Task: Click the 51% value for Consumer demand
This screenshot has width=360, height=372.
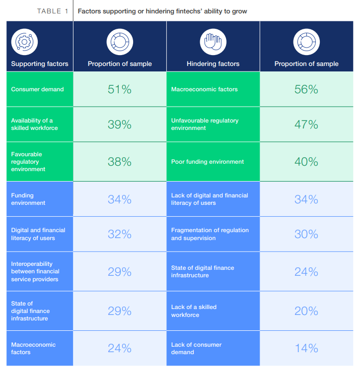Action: coord(120,89)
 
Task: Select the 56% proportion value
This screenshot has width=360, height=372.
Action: coord(306,89)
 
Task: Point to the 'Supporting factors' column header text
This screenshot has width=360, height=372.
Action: coord(40,64)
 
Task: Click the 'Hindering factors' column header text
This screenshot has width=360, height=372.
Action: coord(213,64)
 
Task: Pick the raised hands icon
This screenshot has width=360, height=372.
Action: coord(213,42)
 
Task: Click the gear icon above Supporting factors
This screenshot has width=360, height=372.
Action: coord(24,42)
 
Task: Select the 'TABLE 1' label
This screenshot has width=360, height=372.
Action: coord(53,11)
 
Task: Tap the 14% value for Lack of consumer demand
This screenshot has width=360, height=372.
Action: coord(306,348)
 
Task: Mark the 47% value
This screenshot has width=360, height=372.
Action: coord(306,124)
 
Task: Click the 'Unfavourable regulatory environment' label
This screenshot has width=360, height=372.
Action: coord(205,124)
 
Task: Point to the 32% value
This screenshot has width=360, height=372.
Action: coord(120,234)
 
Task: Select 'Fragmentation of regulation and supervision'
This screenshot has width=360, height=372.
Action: coord(210,234)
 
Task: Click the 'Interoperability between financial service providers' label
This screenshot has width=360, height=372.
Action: coord(35,272)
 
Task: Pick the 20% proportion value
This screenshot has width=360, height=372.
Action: coord(306,311)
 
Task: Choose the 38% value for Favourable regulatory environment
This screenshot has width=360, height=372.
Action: coord(120,162)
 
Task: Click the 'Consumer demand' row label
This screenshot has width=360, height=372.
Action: coord(37,89)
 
